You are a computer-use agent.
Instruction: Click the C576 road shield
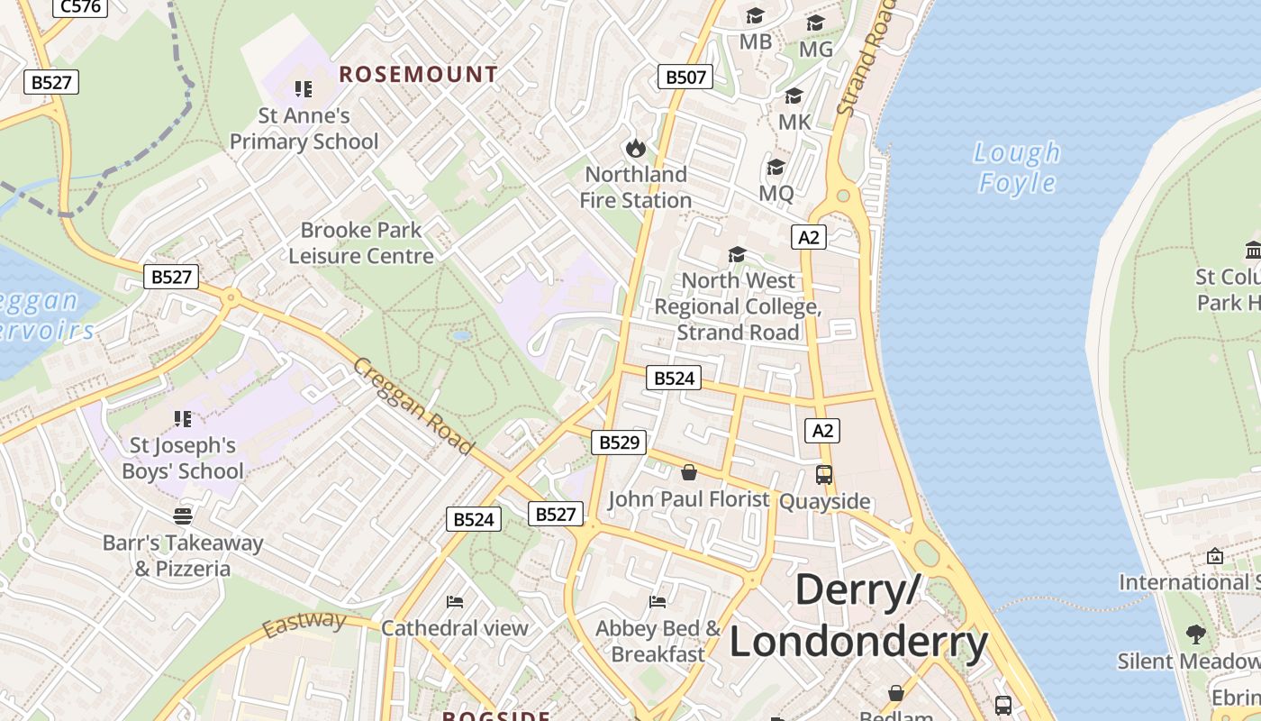(80, 7)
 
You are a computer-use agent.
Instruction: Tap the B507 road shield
(685, 77)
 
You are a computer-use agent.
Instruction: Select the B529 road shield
(619, 442)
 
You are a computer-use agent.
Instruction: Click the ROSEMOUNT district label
(418, 75)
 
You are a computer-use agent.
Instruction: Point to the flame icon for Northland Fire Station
(635, 147)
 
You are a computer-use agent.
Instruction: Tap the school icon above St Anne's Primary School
(304, 89)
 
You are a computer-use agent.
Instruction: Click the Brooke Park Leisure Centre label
(361, 243)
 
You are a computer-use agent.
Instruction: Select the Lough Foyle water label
(1018, 168)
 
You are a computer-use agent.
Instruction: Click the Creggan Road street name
(413, 406)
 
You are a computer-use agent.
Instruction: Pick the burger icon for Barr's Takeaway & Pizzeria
(183, 516)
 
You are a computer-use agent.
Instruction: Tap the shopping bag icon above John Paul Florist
(689, 472)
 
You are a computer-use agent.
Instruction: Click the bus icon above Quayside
(824, 475)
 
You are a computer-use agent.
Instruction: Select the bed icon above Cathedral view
(455, 601)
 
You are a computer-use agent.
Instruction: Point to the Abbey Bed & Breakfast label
(658, 641)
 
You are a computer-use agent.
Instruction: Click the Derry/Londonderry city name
(858, 616)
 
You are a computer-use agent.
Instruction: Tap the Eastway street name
(304, 623)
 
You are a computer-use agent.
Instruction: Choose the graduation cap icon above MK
(794, 96)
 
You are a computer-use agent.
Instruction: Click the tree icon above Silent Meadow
(1195, 634)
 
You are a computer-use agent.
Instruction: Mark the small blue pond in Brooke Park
(462, 335)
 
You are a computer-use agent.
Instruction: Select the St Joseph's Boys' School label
(183, 458)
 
